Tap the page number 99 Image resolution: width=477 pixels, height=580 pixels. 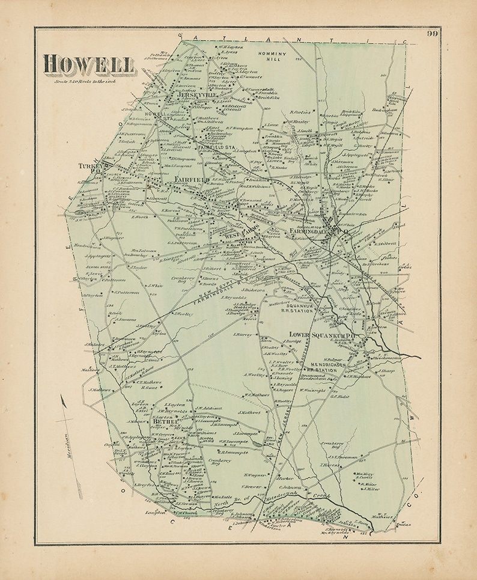(432, 34)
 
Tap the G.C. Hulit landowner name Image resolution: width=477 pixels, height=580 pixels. (338, 396)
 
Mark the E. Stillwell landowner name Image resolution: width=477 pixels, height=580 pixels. (385, 243)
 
